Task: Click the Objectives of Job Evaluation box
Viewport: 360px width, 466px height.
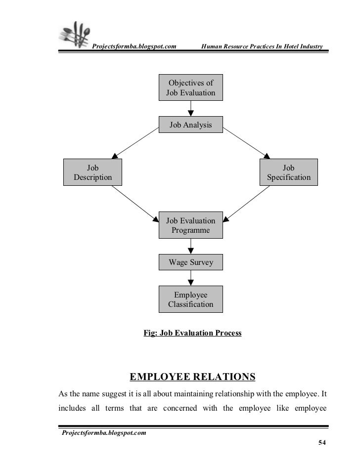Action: click(190, 87)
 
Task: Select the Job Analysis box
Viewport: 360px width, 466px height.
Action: click(190, 125)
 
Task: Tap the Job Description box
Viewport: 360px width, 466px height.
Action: click(92, 172)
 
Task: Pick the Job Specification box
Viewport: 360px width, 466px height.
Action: click(289, 172)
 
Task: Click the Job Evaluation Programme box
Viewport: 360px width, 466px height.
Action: click(190, 225)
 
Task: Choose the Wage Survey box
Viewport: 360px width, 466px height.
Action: click(190, 262)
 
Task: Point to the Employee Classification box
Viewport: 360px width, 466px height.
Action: click(190, 299)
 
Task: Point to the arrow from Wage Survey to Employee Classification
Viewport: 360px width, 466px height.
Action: click(190, 278)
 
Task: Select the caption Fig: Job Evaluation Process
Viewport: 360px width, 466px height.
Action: click(192, 334)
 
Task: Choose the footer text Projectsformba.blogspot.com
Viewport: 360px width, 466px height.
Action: click(103, 433)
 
